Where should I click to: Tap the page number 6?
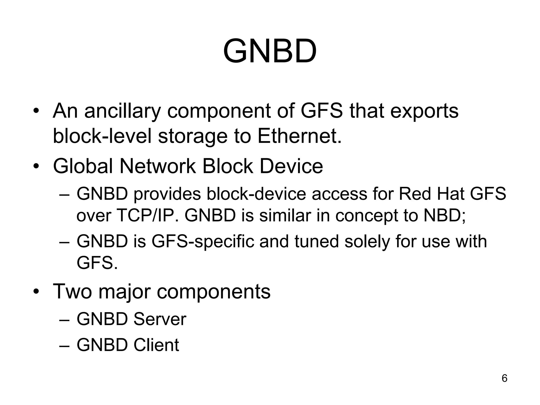(504, 378)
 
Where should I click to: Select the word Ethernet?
(299, 136)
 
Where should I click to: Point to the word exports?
(424, 111)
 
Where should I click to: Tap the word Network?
(157, 166)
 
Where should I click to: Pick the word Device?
(291, 166)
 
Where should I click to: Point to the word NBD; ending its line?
(445, 215)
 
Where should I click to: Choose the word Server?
(160, 319)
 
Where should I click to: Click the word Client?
(156, 345)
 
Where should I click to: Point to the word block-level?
(102, 136)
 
